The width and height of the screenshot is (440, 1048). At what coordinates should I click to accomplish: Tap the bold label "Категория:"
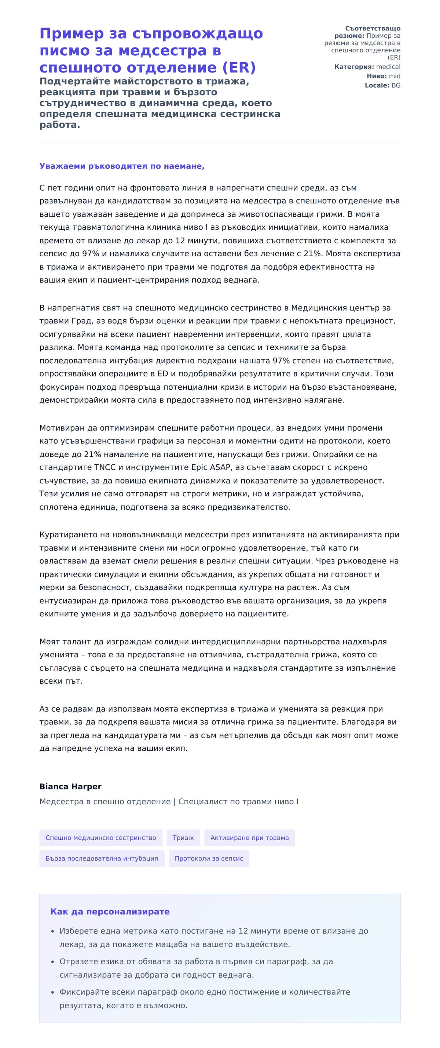(x=354, y=67)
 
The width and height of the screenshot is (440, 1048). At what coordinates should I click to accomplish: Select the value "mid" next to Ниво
(x=395, y=76)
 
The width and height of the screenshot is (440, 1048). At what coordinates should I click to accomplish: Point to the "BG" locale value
(x=396, y=85)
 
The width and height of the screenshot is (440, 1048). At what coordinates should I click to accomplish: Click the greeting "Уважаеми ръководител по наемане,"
(x=122, y=166)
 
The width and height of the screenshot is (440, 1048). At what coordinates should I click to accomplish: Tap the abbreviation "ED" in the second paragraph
(x=163, y=374)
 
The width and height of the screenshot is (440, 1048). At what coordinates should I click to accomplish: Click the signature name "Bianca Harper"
(x=70, y=786)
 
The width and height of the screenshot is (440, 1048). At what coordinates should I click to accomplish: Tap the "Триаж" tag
(x=183, y=838)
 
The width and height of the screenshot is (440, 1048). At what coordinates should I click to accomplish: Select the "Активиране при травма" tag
(x=249, y=838)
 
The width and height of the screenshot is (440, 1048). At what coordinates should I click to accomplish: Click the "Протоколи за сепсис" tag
(x=209, y=858)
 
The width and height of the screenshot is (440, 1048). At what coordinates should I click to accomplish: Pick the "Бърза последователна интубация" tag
(x=102, y=858)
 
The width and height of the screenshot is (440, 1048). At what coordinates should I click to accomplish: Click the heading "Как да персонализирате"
(x=110, y=912)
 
